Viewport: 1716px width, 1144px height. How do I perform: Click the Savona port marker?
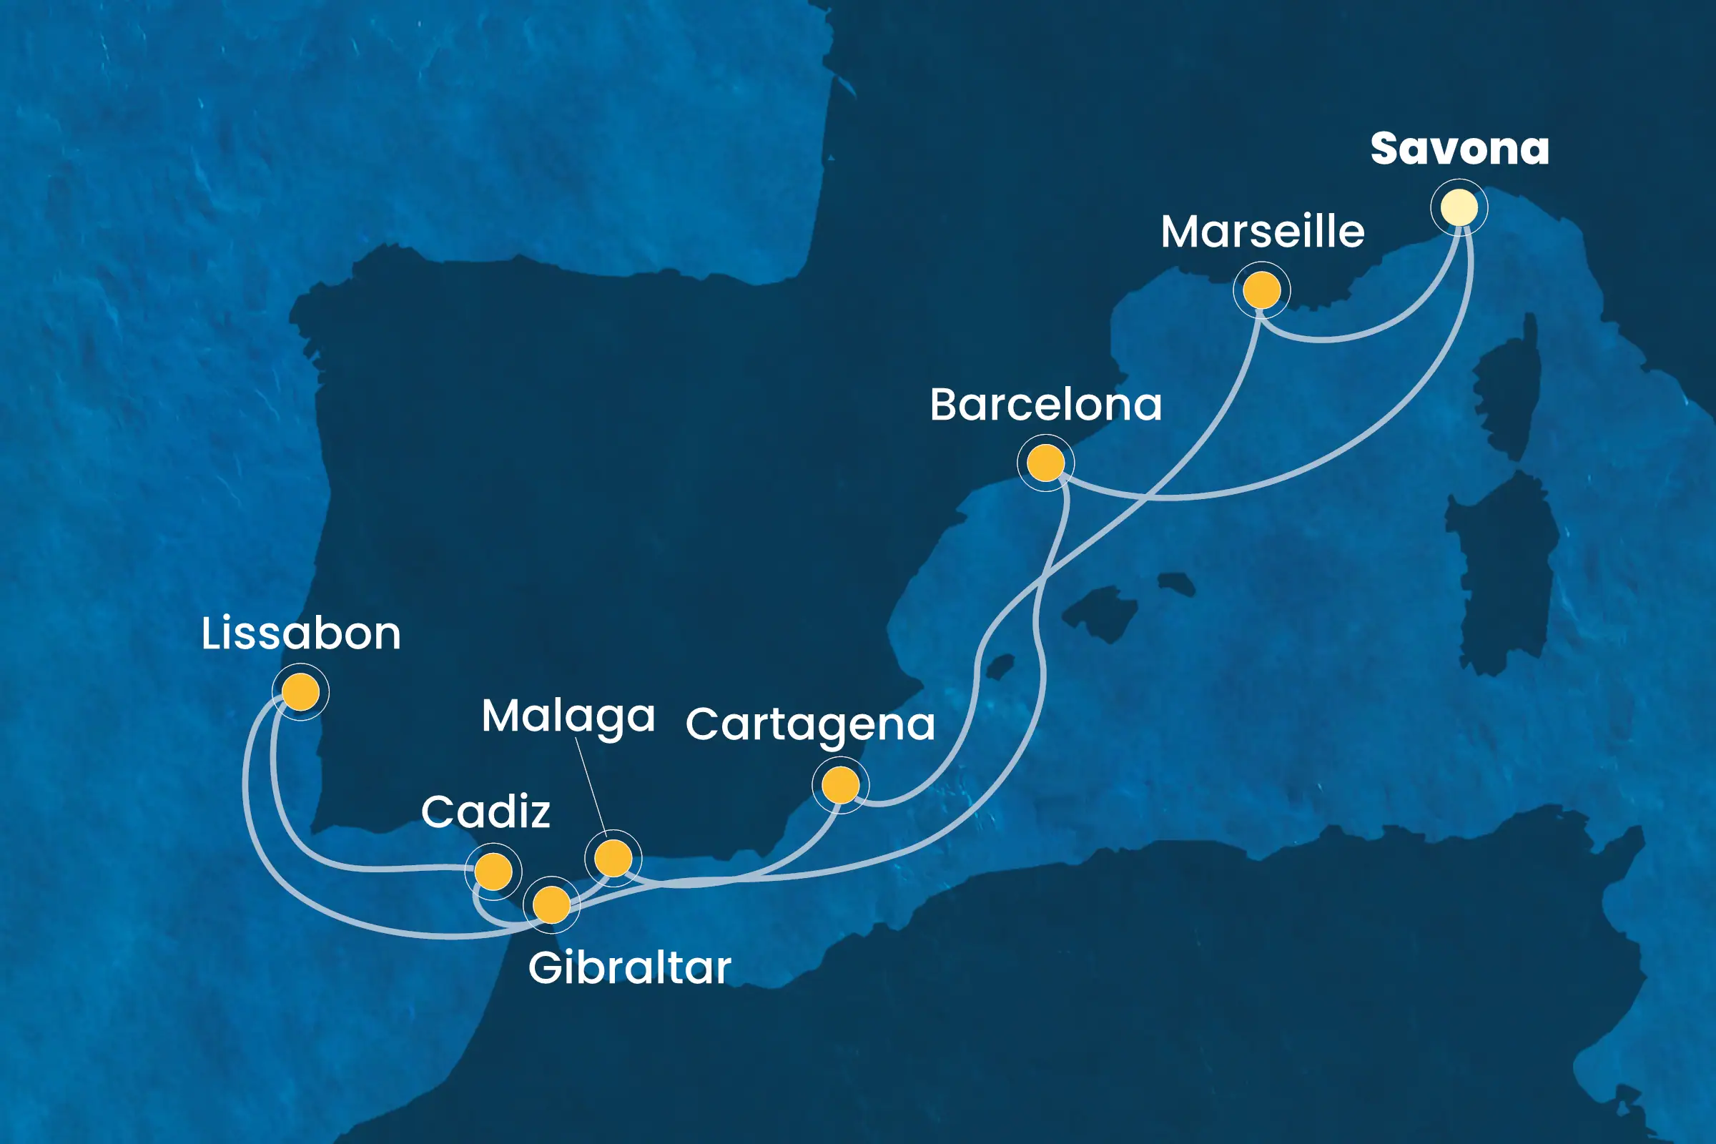(x=1459, y=208)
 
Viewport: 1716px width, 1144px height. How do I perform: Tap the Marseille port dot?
(x=1261, y=290)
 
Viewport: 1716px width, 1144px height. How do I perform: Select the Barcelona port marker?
(x=1045, y=463)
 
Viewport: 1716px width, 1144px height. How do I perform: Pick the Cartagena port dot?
(x=841, y=786)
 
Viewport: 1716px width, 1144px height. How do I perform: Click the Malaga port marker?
(x=613, y=858)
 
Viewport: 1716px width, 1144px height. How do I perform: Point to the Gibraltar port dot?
(x=551, y=904)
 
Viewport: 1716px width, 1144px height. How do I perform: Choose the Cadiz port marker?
(x=493, y=871)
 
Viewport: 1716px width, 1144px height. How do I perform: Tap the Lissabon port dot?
(x=300, y=691)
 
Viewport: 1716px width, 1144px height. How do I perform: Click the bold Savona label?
(x=1459, y=149)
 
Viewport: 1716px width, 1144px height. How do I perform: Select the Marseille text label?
(x=1262, y=232)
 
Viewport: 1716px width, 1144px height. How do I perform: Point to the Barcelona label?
(x=1045, y=405)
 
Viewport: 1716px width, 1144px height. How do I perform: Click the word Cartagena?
(x=810, y=724)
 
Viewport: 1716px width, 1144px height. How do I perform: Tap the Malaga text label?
(x=568, y=716)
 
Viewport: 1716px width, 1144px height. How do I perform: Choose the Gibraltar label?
(x=629, y=968)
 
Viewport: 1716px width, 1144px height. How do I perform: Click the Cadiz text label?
(x=485, y=812)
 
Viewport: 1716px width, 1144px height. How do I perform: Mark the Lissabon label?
(x=300, y=633)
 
